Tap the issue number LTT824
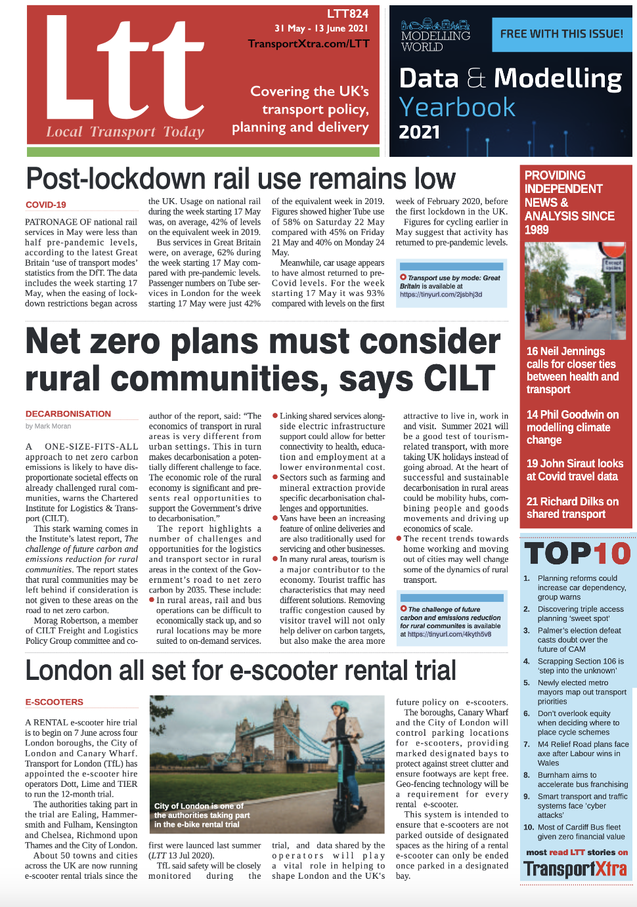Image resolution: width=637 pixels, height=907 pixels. tap(347, 14)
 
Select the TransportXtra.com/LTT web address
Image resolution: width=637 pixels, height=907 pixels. tap(309, 44)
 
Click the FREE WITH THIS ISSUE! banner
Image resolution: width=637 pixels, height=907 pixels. tap(561, 34)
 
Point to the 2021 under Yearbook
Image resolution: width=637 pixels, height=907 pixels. tap(420, 132)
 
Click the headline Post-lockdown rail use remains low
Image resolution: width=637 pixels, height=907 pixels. tap(240, 179)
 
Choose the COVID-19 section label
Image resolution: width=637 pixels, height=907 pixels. tap(46, 205)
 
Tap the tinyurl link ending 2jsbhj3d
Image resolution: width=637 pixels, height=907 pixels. tap(441, 295)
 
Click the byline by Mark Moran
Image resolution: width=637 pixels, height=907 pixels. tap(48, 426)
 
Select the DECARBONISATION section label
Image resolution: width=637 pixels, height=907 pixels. tap(68, 414)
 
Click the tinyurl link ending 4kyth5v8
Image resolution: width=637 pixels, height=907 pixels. tap(449, 635)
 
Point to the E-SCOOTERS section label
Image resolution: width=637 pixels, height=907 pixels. tap(55, 702)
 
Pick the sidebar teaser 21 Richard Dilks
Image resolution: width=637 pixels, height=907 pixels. tap(572, 508)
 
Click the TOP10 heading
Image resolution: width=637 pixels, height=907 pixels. tap(577, 554)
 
